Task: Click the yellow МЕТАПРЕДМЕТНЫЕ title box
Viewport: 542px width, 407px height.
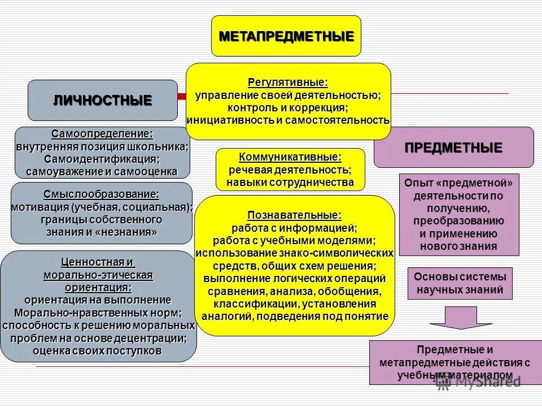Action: pos(286,36)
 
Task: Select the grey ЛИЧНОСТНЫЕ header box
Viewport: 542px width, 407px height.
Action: pos(102,101)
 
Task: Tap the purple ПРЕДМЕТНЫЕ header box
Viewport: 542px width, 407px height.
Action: pos(453,148)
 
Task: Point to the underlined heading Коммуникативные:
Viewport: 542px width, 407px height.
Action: pos(290,157)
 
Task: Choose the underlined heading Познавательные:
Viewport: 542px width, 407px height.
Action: pos(294,215)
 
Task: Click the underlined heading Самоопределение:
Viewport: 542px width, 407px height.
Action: pos(102,134)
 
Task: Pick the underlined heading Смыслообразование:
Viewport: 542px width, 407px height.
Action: pos(102,194)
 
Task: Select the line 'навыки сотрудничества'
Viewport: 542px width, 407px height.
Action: pos(290,182)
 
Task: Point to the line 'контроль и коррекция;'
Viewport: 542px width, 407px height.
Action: pos(288,107)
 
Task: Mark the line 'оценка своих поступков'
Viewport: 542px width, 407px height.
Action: pos(98,351)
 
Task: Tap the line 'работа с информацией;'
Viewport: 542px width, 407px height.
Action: pos(294,228)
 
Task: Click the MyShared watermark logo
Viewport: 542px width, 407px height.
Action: pos(478,382)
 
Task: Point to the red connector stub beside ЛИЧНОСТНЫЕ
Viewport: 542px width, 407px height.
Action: pos(182,97)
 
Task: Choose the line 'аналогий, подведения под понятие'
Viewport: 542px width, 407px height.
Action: pos(294,316)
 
